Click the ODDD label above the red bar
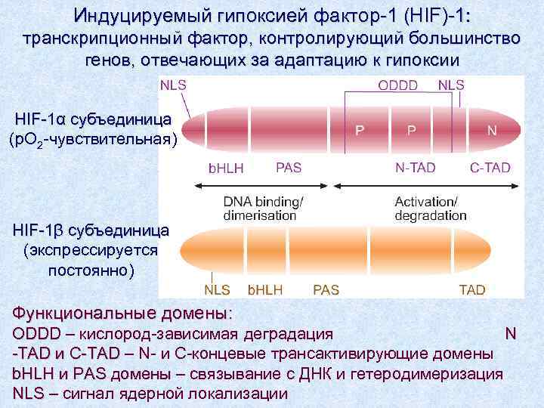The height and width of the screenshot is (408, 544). pos(397,85)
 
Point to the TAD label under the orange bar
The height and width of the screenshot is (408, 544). pos(472,289)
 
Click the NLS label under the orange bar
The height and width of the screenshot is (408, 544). pos(218,289)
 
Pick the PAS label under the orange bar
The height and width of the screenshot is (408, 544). pos(326,289)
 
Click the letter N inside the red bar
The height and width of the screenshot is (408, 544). pos(492,130)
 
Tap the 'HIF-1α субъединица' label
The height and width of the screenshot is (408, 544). pos(93,120)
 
